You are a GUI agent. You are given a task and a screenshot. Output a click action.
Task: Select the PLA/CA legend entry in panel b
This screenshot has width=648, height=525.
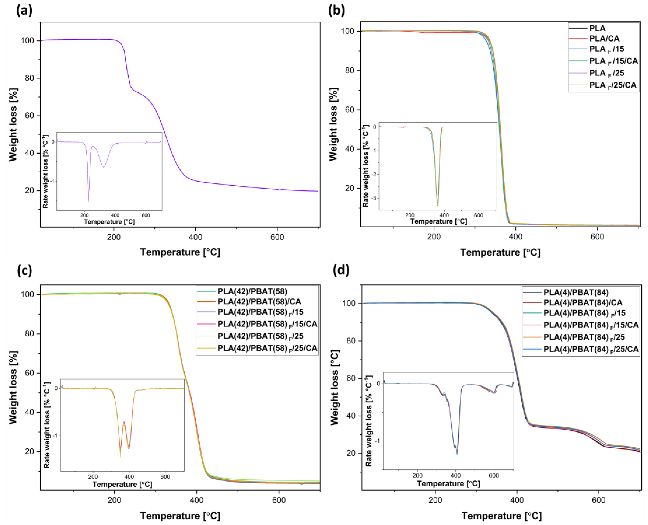[604, 38]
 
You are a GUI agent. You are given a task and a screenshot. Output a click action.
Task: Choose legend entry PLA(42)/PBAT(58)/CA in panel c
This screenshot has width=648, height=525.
[259, 302]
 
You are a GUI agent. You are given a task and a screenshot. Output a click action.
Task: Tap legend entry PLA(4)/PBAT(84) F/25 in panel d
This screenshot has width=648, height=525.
[584, 337]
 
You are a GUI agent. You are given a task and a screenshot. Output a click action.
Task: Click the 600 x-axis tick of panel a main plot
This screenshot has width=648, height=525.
[277, 237]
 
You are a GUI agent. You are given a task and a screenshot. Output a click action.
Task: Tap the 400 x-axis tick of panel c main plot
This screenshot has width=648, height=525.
[196, 500]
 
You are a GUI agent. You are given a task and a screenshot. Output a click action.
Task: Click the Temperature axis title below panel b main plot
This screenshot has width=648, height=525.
[500, 252]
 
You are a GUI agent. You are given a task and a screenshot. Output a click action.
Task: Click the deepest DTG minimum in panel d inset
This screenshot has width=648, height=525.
[457, 454]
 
